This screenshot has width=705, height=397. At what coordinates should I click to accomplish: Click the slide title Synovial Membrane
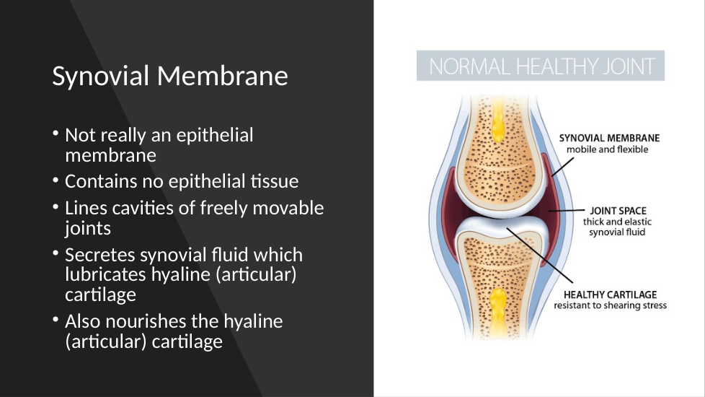[170, 76]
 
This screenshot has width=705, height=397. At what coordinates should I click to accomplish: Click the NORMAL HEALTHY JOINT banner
[541, 66]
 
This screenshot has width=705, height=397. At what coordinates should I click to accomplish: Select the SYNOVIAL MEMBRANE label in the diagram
[609, 138]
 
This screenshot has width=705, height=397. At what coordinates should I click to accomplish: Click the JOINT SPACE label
[618, 211]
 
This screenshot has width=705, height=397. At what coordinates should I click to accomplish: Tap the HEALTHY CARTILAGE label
[610, 295]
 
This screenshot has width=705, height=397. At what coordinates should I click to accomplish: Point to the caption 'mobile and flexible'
[607, 149]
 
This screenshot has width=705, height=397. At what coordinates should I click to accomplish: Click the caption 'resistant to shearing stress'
[610, 305]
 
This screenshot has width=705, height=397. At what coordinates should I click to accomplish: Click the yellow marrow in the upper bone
[497, 120]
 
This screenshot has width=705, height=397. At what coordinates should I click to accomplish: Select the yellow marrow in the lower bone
[497, 313]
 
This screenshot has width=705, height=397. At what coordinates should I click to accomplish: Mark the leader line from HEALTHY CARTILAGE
[539, 256]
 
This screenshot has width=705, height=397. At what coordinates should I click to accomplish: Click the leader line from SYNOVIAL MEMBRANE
[562, 167]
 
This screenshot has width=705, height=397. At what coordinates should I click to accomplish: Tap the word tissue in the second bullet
[274, 181]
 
